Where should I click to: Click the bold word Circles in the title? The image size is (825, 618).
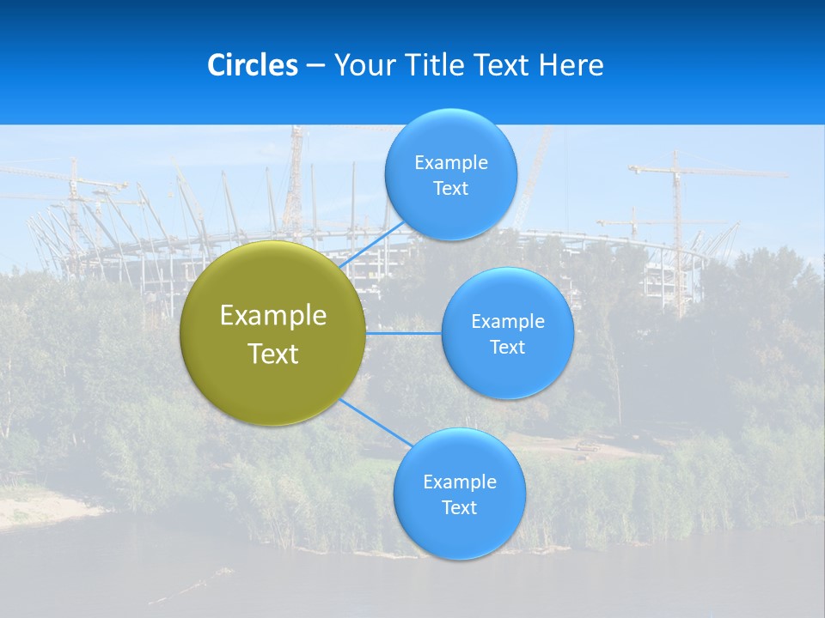click(253, 65)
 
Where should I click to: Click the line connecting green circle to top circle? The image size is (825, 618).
click(373, 244)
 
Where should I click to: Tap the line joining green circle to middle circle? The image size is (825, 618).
click(404, 333)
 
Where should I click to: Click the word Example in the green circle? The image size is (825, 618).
click(273, 316)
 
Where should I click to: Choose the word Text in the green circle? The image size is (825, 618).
click(273, 354)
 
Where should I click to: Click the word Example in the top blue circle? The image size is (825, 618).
click(451, 163)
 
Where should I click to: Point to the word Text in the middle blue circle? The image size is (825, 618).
click(507, 348)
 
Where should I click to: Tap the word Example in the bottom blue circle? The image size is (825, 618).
click(460, 482)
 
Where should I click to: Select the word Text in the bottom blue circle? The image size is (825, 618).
click(459, 508)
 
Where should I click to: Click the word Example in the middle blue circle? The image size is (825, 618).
click(508, 322)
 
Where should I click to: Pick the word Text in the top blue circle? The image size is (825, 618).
click(450, 189)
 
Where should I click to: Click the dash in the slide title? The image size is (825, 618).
click(315, 66)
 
